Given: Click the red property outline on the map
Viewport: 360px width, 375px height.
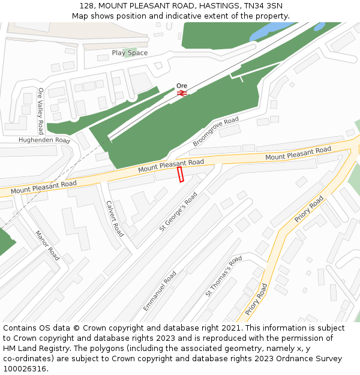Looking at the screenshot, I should (x=180, y=175).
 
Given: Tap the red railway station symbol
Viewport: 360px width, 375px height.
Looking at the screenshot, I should (x=182, y=93).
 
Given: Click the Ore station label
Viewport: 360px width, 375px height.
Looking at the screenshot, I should (x=182, y=85).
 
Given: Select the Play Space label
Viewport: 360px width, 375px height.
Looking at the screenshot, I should (x=130, y=53).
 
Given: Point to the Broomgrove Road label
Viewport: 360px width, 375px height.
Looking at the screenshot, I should (x=215, y=132).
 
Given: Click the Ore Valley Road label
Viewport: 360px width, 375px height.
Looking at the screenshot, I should (x=41, y=110).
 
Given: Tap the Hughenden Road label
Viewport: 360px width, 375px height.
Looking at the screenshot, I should (x=44, y=140).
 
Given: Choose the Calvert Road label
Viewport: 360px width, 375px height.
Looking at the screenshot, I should (x=114, y=218).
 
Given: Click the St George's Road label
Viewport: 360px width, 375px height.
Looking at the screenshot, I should (x=178, y=211).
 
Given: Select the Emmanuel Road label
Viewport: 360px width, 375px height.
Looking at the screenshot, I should (x=160, y=291).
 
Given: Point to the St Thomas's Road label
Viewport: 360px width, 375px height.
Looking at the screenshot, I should (x=223, y=276).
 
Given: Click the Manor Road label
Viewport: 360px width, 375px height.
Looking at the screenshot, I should (x=47, y=245).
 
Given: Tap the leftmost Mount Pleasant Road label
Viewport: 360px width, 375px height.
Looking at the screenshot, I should (x=43, y=187).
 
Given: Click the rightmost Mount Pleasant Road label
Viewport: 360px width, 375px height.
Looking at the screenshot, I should (x=298, y=153).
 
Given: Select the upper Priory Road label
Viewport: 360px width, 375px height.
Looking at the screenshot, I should (x=309, y=209).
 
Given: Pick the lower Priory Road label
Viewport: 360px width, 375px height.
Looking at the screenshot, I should (x=256, y=299).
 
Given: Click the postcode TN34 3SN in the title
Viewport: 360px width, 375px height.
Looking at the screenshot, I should (x=263, y=5).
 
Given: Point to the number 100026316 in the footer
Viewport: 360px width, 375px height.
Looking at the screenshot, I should (x=24, y=368).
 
